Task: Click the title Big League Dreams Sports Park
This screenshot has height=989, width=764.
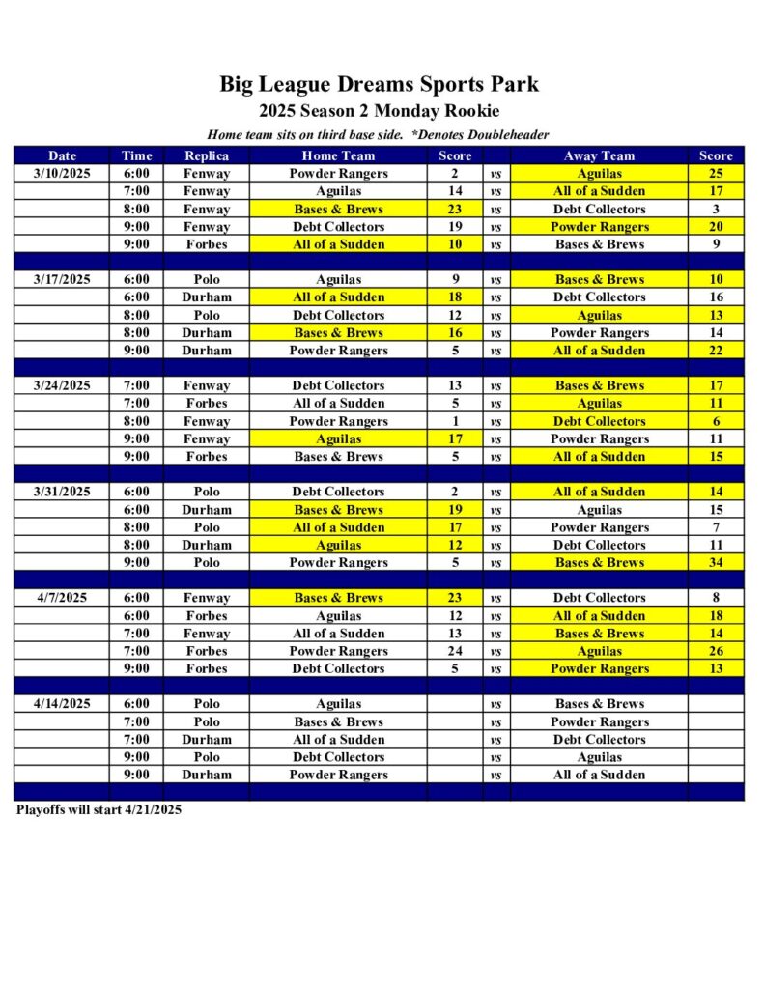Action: (379, 84)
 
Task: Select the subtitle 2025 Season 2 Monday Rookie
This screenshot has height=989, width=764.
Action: (379, 111)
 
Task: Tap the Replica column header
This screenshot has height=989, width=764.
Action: (207, 155)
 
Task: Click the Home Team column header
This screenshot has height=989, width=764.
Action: (338, 155)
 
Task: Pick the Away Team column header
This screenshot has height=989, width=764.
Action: (599, 155)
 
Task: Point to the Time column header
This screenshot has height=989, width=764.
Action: (136, 155)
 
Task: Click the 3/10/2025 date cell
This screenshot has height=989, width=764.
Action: (62, 174)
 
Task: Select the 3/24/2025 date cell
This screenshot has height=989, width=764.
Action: (62, 385)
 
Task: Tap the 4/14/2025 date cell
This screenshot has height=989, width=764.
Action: (62, 704)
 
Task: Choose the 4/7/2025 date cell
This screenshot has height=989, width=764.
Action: (62, 598)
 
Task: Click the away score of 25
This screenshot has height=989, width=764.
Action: (716, 174)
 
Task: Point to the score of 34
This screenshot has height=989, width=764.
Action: (716, 563)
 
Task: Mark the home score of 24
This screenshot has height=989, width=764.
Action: (455, 651)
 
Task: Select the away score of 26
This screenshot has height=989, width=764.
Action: (716, 651)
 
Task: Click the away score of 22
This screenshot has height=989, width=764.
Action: (716, 351)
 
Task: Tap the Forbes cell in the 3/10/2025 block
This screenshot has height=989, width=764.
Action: (207, 244)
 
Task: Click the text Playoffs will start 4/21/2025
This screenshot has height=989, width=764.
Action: (99, 810)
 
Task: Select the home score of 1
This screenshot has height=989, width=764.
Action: (455, 421)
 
